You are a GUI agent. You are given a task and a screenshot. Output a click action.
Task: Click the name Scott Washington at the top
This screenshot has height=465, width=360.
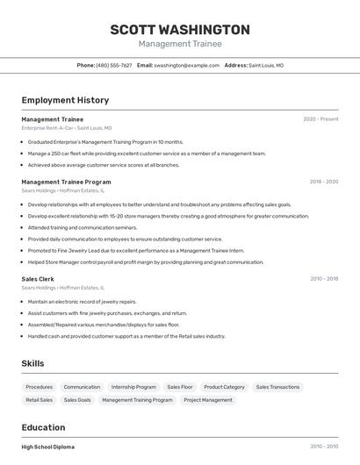pos(180,30)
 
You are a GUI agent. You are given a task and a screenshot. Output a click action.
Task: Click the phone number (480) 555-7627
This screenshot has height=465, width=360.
pos(114,66)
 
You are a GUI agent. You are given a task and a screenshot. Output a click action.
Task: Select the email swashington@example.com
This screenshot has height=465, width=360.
pos(186,66)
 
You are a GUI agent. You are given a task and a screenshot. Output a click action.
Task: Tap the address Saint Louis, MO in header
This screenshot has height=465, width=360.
pos(266,66)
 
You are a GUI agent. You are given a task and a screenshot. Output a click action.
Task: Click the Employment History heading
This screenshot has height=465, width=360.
pos(65,101)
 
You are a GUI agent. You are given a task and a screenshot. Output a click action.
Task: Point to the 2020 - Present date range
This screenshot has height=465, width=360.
pos(320,119)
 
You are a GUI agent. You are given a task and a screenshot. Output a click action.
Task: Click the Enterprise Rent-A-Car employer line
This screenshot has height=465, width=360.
pos(66,128)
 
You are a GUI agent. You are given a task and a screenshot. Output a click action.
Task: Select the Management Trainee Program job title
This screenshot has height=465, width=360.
pos(66,182)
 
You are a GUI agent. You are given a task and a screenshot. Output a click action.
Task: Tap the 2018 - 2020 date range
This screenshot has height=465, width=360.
pos(323,182)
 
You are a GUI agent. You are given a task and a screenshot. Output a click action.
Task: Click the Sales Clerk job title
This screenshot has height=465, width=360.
pos(38,279)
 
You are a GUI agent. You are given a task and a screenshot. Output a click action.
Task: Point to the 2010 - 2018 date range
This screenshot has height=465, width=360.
pos(324,279)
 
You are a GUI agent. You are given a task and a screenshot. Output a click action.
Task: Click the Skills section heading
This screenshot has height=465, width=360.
pos(33,363)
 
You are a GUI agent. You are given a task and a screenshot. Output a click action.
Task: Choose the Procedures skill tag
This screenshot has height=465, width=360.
pos(39,387)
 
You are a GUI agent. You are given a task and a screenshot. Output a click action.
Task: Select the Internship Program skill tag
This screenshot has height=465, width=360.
pos(133,387)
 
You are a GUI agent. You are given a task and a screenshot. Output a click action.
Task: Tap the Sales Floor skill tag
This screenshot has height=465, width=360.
pos(180,387)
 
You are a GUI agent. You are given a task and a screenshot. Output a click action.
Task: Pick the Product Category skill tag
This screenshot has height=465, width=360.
pos(224,387)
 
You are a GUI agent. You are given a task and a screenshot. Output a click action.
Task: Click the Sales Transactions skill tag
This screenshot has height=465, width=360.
pos(277,387)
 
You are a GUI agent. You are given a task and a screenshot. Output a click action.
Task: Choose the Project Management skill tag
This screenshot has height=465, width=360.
pos(208,400)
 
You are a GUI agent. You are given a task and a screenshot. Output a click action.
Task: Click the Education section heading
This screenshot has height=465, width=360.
pos(44,428)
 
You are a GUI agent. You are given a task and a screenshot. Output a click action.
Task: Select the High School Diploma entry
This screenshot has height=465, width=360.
pos(48,447)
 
